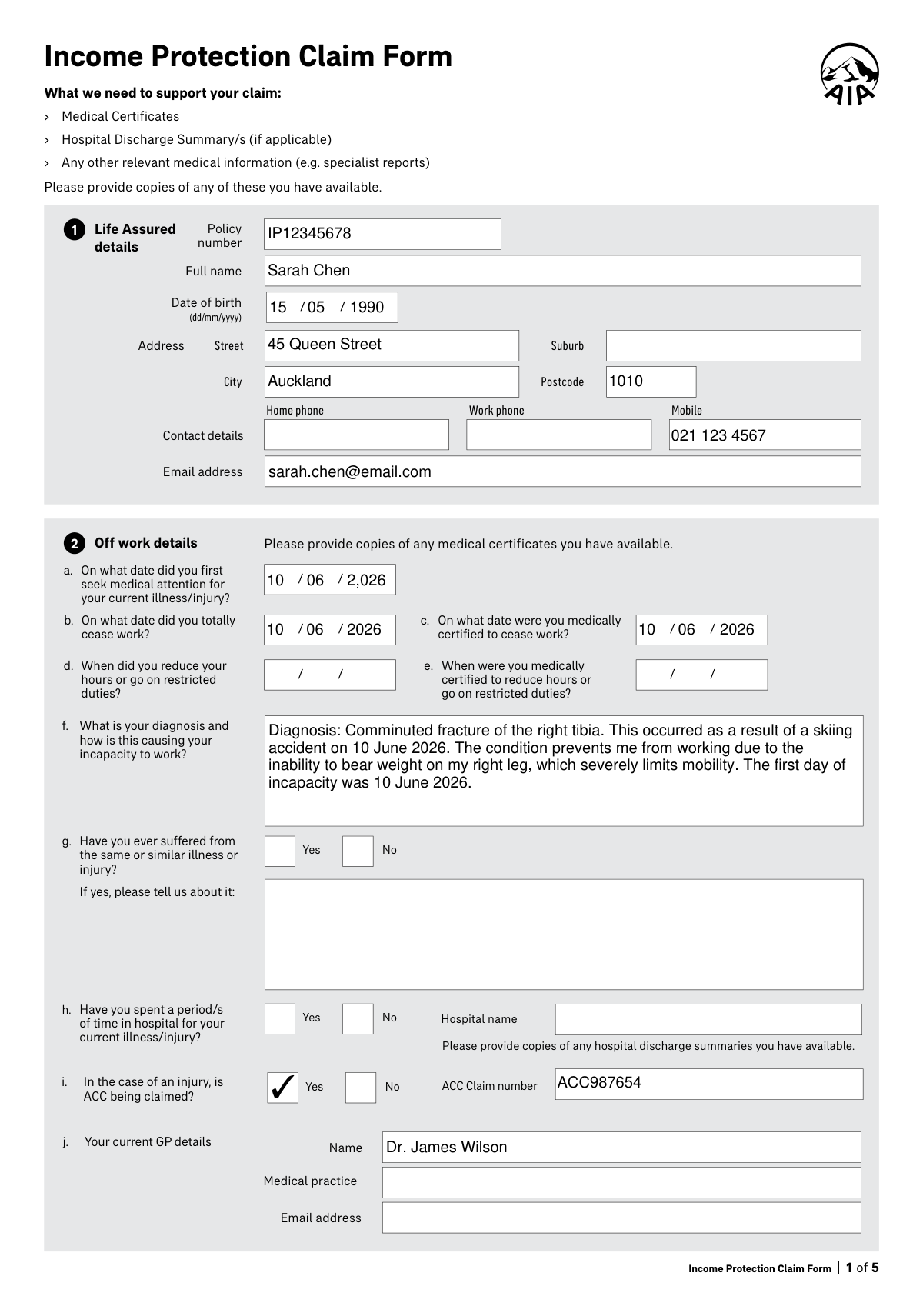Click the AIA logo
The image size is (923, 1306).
pos(849,74)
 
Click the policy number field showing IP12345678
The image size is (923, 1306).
pos(382,234)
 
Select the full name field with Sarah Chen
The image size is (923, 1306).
pos(562,271)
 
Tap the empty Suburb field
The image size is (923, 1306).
pos(733,345)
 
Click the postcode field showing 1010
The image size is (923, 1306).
pos(651,381)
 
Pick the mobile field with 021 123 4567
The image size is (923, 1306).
pos(765,435)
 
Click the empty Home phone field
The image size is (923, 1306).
pos(356,435)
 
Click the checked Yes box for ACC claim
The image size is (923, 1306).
pos(282,1087)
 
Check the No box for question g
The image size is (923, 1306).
pos(358,851)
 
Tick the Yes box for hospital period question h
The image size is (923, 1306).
pos(280,1018)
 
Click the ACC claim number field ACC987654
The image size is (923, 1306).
pos(708,1084)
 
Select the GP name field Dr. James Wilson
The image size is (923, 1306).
pos(621,1147)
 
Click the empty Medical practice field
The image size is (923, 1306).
pos(621,1182)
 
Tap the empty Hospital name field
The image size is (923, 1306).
pos(708,1019)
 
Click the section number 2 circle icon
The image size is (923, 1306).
pos(74,544)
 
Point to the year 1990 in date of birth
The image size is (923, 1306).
pos(367,308)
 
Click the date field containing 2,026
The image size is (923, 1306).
pos(330,580)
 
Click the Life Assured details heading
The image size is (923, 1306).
pos(135,238)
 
